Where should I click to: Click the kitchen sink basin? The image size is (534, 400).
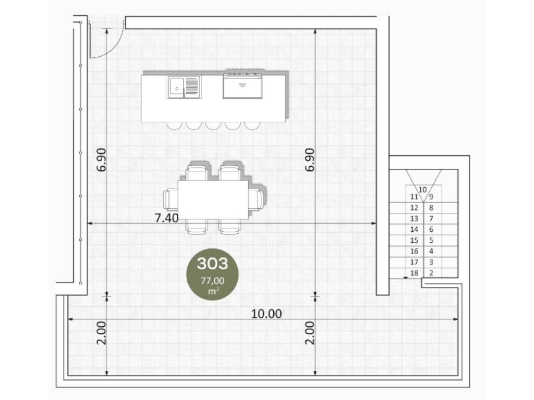pos(177,87)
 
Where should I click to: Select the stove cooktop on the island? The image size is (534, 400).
pos(242,85)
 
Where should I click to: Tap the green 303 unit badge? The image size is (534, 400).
pos(212,274)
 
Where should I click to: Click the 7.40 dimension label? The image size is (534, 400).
pos(166,218)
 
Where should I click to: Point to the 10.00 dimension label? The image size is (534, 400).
pos(266,314)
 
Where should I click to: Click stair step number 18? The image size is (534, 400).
pos(414,273)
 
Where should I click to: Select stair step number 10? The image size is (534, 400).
pos(422,190)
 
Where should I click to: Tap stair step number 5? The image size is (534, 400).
pos(431,240)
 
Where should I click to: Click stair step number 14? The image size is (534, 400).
pos(414,229)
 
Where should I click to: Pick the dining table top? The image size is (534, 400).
pos(213,199)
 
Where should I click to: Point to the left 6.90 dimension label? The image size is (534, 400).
pos(102,160)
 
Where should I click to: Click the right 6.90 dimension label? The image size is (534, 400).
pos(309,160)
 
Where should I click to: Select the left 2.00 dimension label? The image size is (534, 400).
pos(102,333)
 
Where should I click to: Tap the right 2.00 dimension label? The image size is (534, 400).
pos(309,333)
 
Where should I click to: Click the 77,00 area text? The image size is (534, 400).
pos(213,281)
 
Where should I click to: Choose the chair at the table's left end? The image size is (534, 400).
pos(171,199)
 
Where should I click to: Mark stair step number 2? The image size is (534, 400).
pos(431,273)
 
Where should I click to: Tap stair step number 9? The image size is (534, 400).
pos(431,196)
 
